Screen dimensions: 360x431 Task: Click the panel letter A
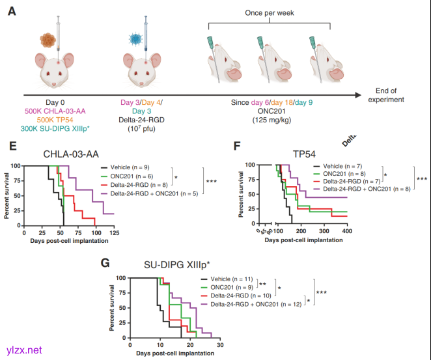[x=11, y=12]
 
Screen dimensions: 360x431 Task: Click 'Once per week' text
[x=268, y=12]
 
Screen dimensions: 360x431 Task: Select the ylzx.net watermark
[x=25, y=350]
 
